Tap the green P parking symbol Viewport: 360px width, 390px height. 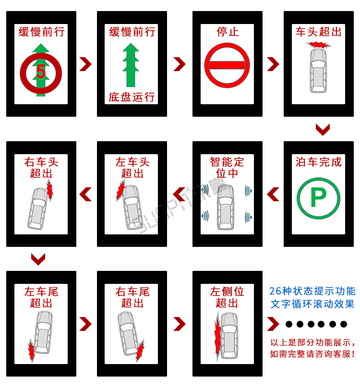(318, 197)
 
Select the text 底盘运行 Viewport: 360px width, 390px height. (132, 97)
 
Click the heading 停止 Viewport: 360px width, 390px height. (228, 32)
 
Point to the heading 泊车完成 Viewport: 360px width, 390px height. (318, 162)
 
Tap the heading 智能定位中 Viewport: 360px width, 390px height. (228, 167)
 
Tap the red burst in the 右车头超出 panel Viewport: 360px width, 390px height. (49, 191)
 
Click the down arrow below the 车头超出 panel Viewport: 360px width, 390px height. (323, 129)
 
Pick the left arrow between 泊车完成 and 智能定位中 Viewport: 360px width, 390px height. (273, 194)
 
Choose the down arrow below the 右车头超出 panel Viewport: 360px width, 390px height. (38, 259)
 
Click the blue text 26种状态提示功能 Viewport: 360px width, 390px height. (312, 291)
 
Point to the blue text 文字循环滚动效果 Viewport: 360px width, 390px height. (312, 304)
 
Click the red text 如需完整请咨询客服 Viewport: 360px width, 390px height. (312, 354)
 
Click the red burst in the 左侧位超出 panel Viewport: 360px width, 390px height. (217, 336)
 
